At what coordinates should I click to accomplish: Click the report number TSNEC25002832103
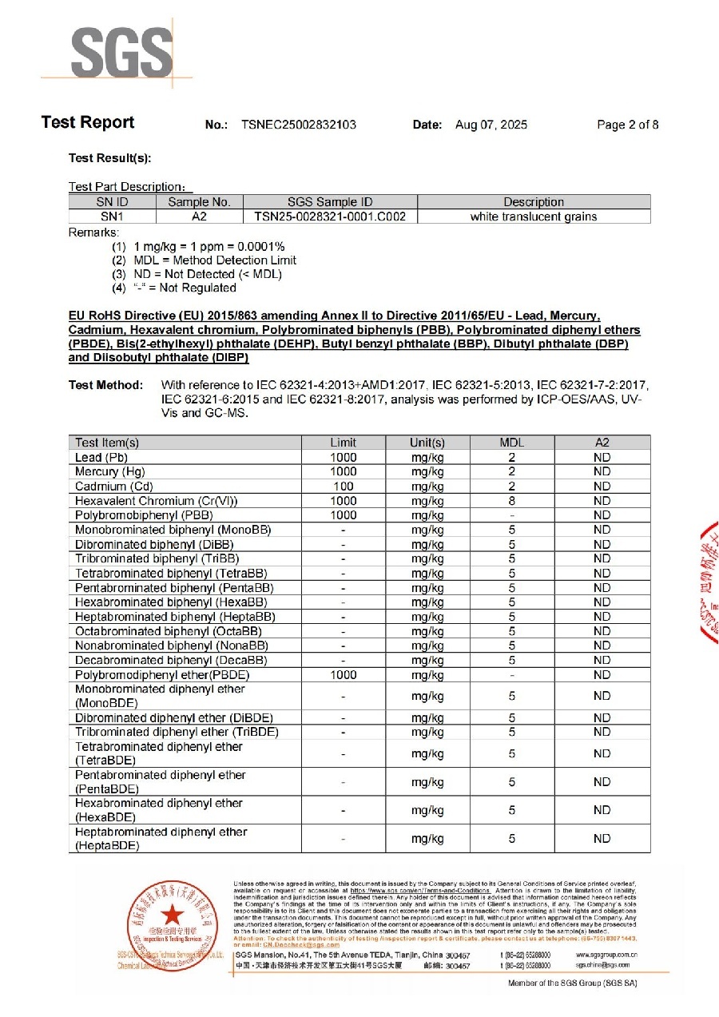pyautogui.click(x=299, y=125)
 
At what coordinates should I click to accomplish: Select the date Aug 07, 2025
pyautogui.click(x=491, y=125)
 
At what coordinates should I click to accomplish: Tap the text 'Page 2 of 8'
pyautogui.click(x=628, y=125)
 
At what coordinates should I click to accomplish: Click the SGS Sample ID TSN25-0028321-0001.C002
pyautogui.click(x=330, y=217)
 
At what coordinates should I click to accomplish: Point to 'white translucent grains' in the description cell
pyautogui.click(x=534, y=217)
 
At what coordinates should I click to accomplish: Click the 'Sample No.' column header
pyautogui.click(x=199, y=202)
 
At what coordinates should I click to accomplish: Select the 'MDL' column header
pyautogui.click(x=511, y=443)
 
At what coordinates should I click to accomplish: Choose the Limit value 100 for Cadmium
pyautogui.click(x=344, y=487)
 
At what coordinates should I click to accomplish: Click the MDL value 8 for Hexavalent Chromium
pyautogui.click(x=511, y=501)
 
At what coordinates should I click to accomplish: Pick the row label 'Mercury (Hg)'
pyautogui.click(x=109, y=472)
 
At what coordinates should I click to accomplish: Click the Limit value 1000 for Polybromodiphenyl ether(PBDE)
pyautogui.click(x=344, y=675)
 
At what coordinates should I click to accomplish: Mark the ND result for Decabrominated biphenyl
pyautogui.click(x=602, y=661)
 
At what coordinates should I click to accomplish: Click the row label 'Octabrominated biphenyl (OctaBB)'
pyautogui.click(x=171, y=631)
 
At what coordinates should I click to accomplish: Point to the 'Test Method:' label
pyautogui.click(x=106, y=385)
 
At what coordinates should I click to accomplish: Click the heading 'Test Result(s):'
pyautogui.click(x=110, y=159)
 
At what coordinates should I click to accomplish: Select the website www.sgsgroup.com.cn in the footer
pyautogui.click(x=606, y=954)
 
